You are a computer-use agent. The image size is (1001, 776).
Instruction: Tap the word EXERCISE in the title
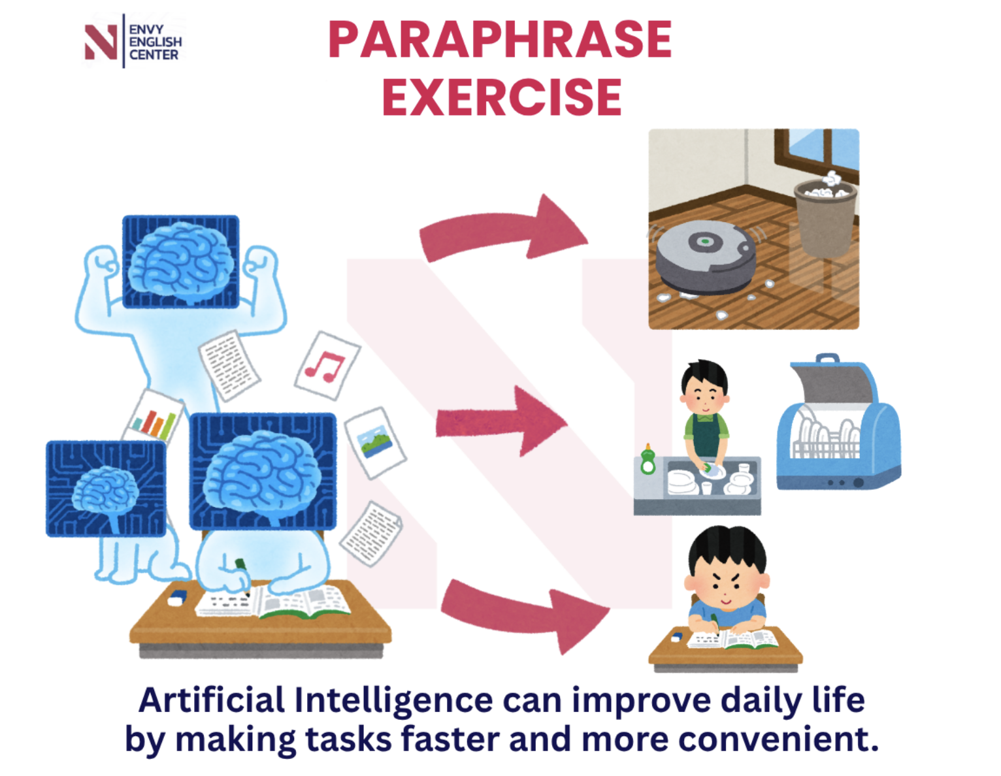pos(502,97)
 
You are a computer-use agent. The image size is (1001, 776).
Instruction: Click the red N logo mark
pos(101,42)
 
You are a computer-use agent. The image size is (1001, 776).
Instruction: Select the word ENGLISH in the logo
pos(156,42)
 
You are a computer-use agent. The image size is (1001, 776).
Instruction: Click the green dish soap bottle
pos(648,459)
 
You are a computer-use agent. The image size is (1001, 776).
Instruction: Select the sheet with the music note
pos(327,365)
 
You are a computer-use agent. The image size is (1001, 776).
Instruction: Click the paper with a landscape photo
pos(375,443)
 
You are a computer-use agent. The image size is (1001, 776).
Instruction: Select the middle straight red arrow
pos(501,421)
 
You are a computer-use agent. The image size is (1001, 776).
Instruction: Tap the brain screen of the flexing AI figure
pos(180,261)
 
